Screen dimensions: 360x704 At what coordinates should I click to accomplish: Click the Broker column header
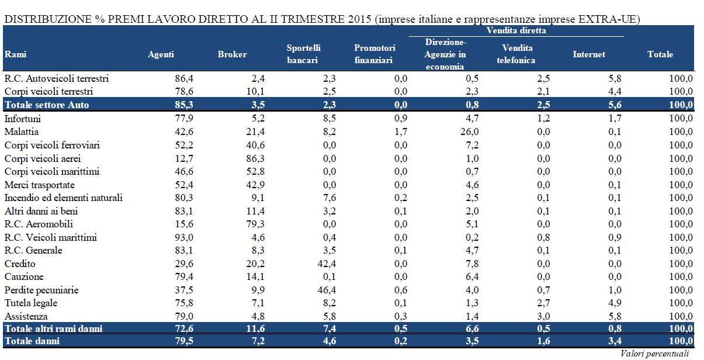[x=232, y=54]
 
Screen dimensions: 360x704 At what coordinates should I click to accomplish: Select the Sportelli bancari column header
[x=303, y=54]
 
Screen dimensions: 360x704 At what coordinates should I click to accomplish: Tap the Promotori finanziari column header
[x=374, y=54]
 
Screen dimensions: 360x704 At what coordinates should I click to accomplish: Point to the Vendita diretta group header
[x=516, y=30]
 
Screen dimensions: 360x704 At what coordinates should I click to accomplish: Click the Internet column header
[x=588, y=54]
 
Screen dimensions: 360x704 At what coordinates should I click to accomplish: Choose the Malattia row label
[x=22, y=132]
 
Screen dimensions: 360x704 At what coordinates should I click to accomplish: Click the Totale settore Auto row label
[x=48, y=105]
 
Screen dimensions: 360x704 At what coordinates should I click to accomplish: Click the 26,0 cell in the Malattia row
[x=470, y=132]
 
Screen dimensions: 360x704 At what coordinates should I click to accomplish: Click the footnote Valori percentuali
[x=655, y=354]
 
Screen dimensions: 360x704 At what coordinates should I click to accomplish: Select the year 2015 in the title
[x=357, y=19]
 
